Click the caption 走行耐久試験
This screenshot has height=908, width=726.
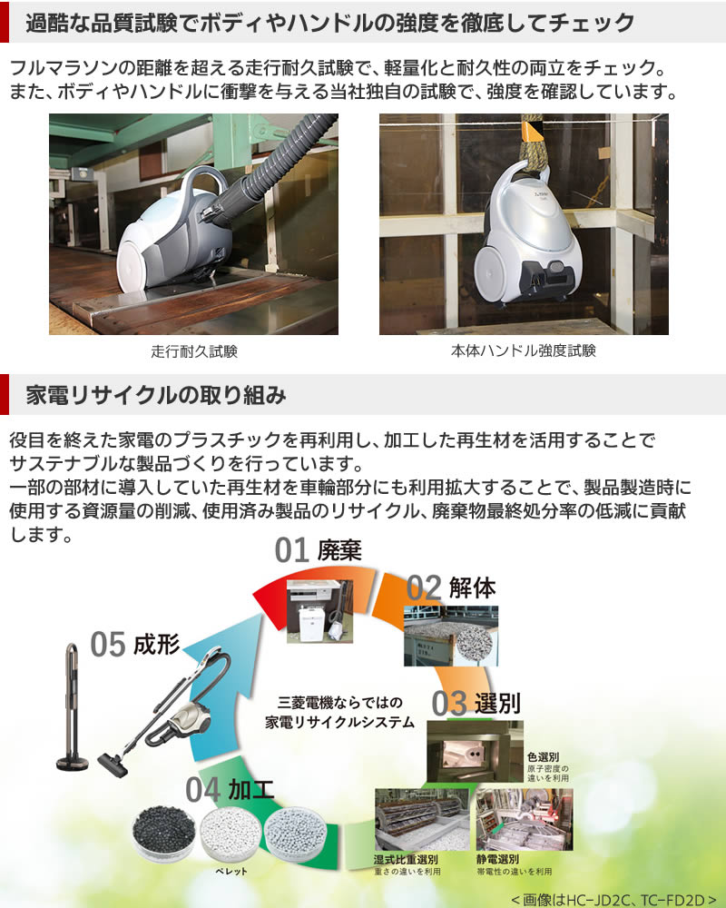click(193, 350)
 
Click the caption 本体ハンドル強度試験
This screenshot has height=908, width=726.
click(524, 350)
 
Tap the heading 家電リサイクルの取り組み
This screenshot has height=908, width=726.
click(156, 395)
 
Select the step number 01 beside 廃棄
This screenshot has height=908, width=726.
click(293, 551)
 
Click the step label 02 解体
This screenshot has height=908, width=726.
click(451, 587)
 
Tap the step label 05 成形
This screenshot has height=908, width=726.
click(135, 645)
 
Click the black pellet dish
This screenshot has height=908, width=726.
click(163, 834)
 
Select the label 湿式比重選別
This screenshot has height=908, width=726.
click(406, 859)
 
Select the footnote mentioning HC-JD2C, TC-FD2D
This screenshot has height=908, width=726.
click(613, 898)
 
